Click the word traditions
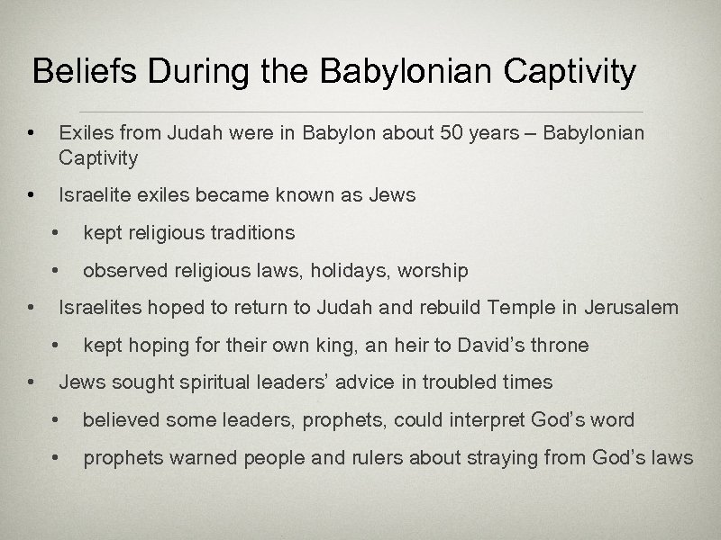click(x=252, y=233)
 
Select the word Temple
click(x=519, y=308)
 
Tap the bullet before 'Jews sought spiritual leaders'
click(x=32, y=382)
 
